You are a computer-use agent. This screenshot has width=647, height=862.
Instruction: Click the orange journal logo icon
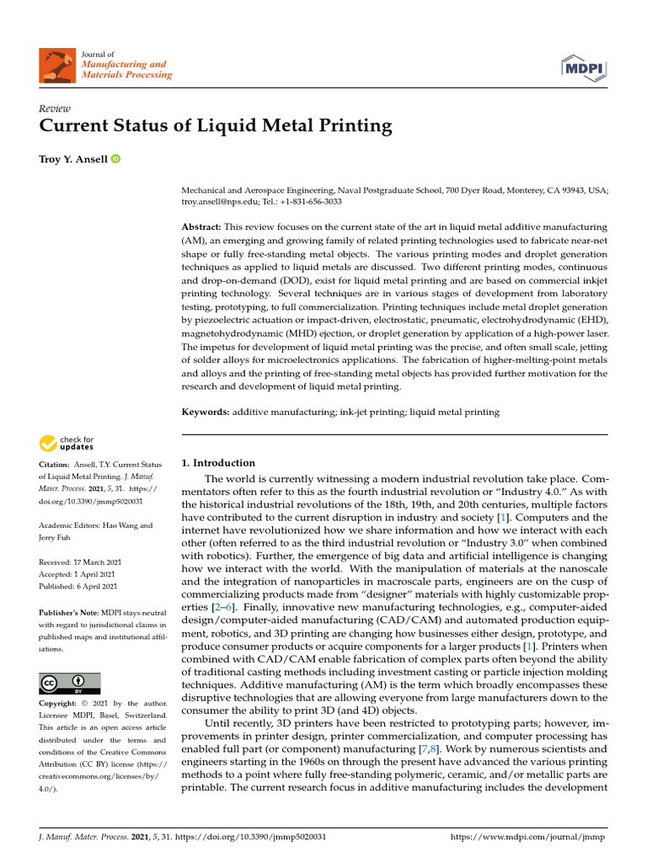click(56, 64)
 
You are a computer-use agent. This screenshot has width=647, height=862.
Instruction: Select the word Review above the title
click(55, 109)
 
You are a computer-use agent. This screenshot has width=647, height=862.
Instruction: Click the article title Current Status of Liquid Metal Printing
click(216, 127)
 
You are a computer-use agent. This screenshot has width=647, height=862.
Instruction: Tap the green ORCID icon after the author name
click(115, 159)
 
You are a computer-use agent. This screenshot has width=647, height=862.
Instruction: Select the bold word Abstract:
click(201, 228)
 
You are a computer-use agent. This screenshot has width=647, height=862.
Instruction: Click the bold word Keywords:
click(206, 412)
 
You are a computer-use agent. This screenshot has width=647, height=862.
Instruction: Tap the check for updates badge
click(67, 443)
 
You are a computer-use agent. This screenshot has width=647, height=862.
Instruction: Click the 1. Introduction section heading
click(218, 463)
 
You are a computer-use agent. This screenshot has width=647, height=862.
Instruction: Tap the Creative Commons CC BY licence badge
click(70, 683)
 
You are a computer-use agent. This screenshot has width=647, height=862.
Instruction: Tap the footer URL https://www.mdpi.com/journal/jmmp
click(528, 838)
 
